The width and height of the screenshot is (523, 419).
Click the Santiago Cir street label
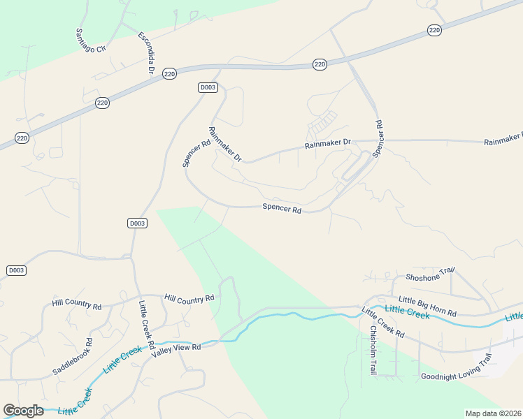(91, 43)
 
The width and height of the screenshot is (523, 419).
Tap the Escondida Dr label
(145, 53)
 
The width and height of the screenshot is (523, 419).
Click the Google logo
(22, 410)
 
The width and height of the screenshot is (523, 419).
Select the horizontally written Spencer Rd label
(282, 208)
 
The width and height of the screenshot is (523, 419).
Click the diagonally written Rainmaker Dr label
(224, 145)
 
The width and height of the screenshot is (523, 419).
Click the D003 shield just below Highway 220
(208, 87)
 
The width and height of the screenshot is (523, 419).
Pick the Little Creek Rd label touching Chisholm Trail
(383, 323)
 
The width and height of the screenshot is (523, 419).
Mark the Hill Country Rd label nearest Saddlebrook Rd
(77, 306)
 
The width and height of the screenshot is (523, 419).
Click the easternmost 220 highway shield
(434, 30)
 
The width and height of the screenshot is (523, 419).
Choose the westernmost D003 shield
(16, 270)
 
